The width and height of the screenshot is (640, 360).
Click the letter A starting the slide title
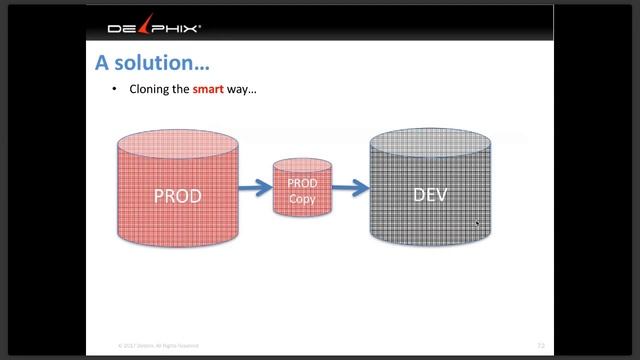tap(102, 63)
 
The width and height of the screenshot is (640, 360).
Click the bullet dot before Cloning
tap(115, 89)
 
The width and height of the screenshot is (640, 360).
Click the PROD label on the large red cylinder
tap(177, 195)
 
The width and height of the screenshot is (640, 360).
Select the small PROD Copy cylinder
tap(302, 187)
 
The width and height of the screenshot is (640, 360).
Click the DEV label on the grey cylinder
tap(431, 194)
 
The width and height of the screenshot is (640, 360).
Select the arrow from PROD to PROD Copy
tap(255, 186)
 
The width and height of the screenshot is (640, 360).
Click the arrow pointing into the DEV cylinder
tap(349, 186)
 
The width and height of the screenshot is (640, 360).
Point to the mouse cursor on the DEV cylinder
tap(477, 224)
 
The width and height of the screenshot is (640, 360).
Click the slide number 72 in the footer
tap(540, 345)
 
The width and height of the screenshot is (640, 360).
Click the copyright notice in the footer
tap(158, 345)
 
